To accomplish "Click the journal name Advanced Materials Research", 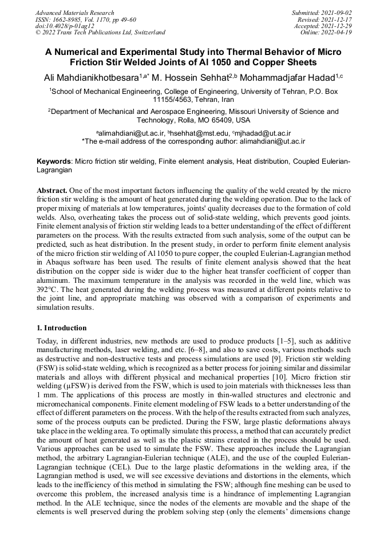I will click(x=74, y=13).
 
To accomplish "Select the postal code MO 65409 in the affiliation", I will click(x=206, y=120).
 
